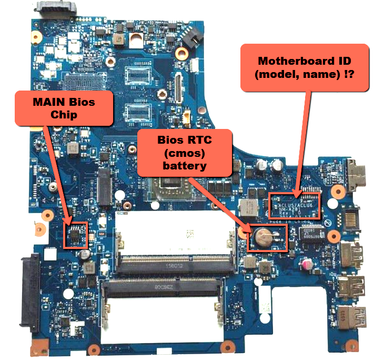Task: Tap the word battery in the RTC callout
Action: pos(184,165)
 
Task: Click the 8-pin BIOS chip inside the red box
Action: pos(76,234)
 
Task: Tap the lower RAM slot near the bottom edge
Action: pos(163,288)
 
